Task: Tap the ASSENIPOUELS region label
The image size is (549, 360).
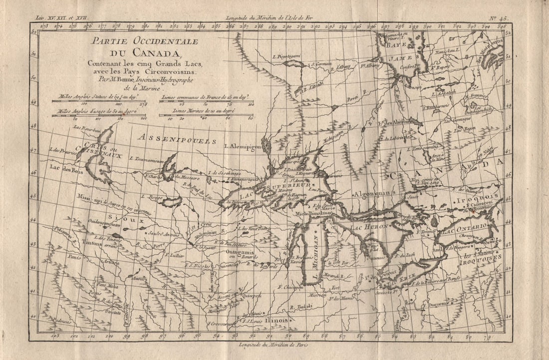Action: coord(178,138)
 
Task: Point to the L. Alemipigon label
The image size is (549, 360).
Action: coord(243,146)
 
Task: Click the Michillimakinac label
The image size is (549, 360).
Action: coord(316,213)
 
